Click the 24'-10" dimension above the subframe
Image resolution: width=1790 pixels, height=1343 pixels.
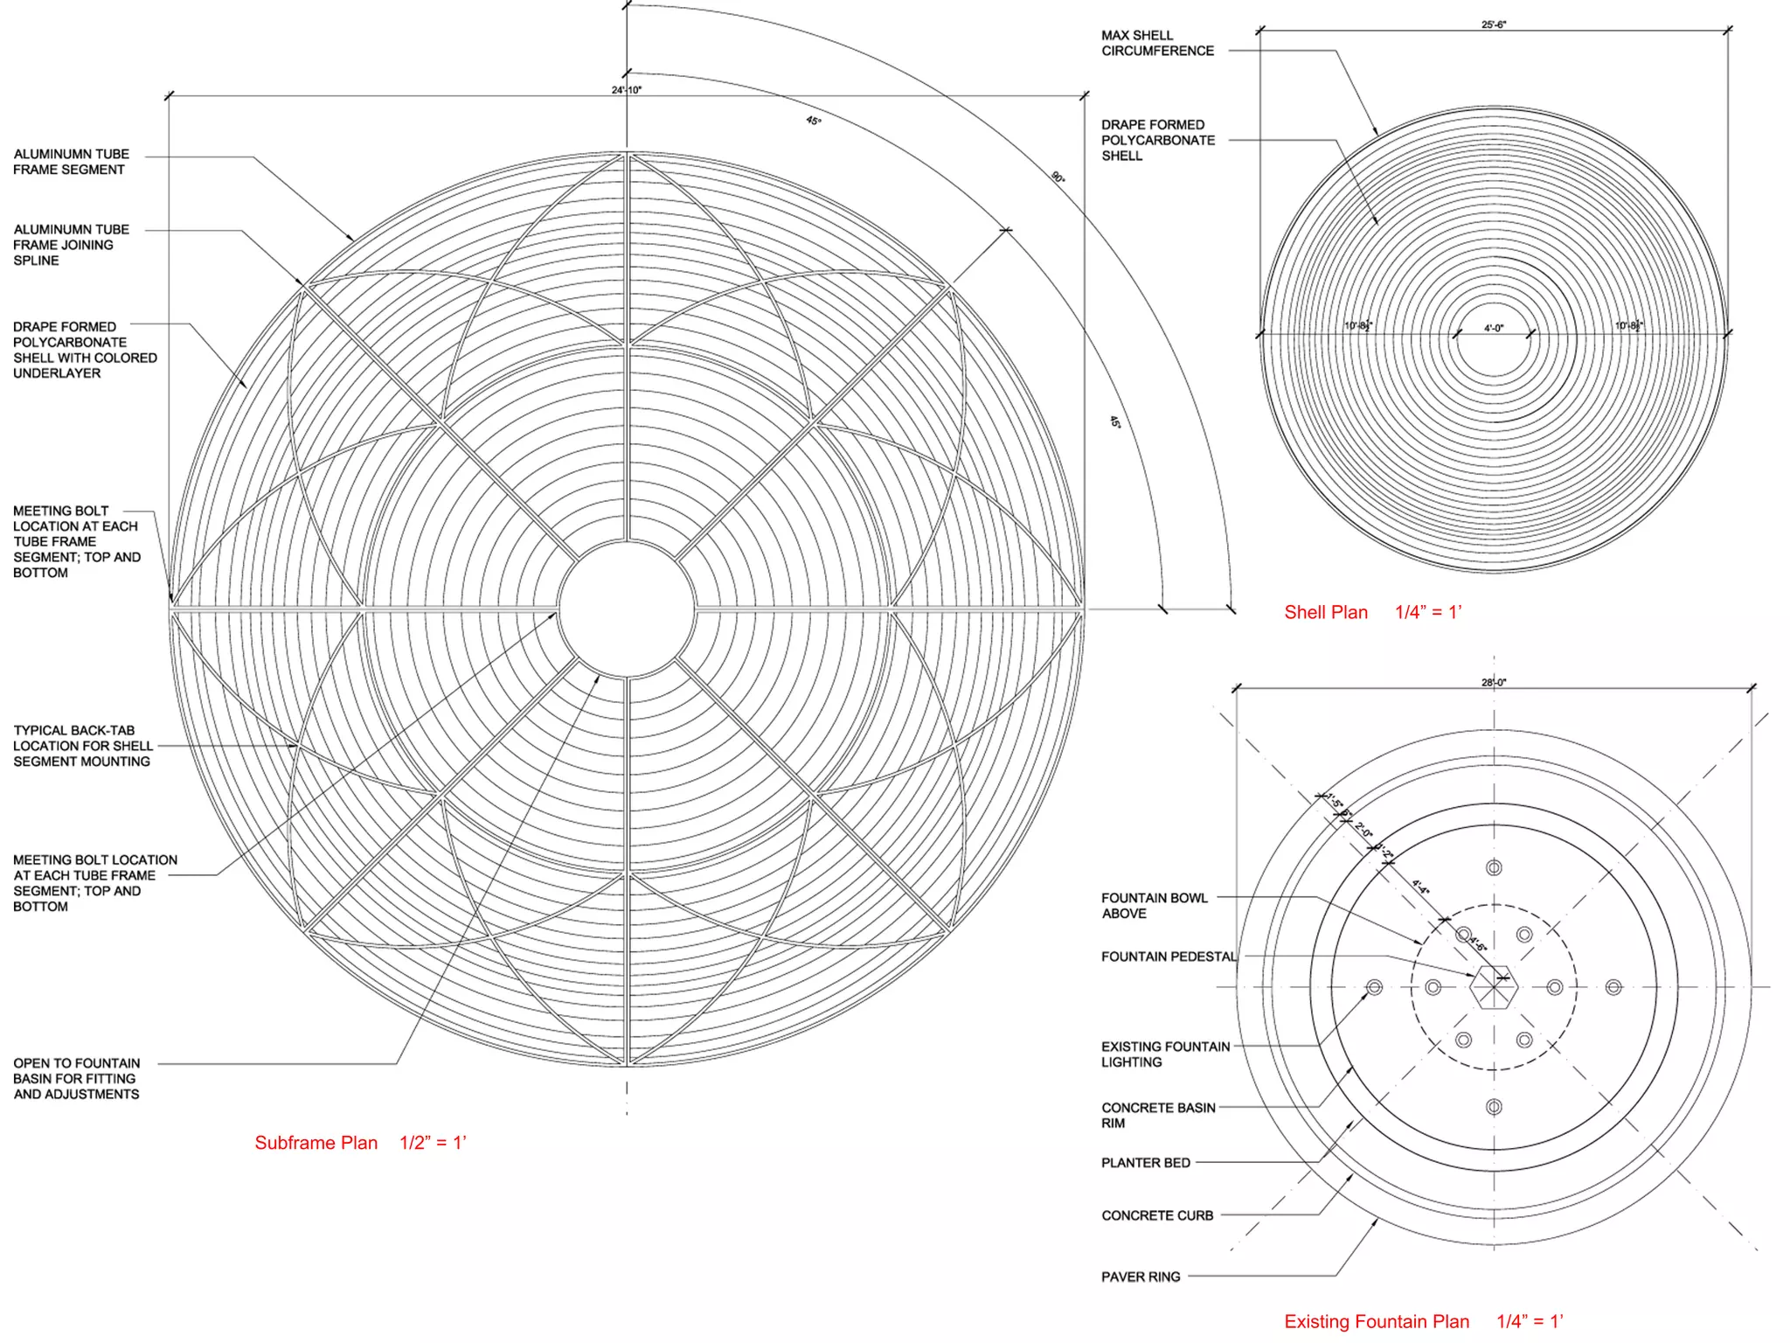coord(627,90)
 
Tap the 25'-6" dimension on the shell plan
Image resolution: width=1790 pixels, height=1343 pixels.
coord(1494,24)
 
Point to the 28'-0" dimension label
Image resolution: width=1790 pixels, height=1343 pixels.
coord(1494,683)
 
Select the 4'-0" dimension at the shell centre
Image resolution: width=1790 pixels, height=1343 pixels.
coord(1494,329)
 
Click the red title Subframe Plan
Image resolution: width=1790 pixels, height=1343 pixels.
coord(316,1143)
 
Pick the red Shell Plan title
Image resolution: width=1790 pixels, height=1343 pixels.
coord(1325,612)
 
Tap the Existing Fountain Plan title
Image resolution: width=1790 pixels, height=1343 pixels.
coord(1377,1321)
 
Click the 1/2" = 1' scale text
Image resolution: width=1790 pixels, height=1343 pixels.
coord(433,1143)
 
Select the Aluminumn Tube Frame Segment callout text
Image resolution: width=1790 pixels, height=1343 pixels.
coord(71,162)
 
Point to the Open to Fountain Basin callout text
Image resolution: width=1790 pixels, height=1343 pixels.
coord(76,1079)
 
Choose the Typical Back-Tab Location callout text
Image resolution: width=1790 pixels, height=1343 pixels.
coord(82,746)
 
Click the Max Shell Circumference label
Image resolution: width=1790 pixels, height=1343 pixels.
coord(1157,43)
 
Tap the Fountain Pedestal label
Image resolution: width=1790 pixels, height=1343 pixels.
coord(1169,957)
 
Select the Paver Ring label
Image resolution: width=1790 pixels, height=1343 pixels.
coord(1141,1277)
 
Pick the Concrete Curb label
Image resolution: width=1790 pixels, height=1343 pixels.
coord(1157,1215)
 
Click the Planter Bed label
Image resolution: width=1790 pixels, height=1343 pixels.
coord(1146,1163)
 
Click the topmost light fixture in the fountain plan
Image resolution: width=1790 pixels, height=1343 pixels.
coord(1494,867)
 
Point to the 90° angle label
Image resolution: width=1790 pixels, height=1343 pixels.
coord(1058,177)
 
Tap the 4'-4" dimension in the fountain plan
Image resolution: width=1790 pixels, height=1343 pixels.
coord(1421,887)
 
